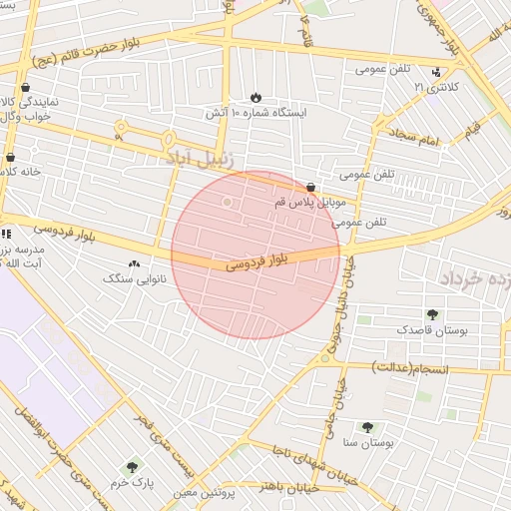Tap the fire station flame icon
(255, 97)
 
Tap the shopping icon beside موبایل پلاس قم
(310, 187)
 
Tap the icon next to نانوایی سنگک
(134, 264)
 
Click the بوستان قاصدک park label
(432, 328)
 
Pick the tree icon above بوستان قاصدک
(432, 313)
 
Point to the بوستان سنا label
(369, 440)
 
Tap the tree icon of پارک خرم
(132, 466)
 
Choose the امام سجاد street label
(415, 139)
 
